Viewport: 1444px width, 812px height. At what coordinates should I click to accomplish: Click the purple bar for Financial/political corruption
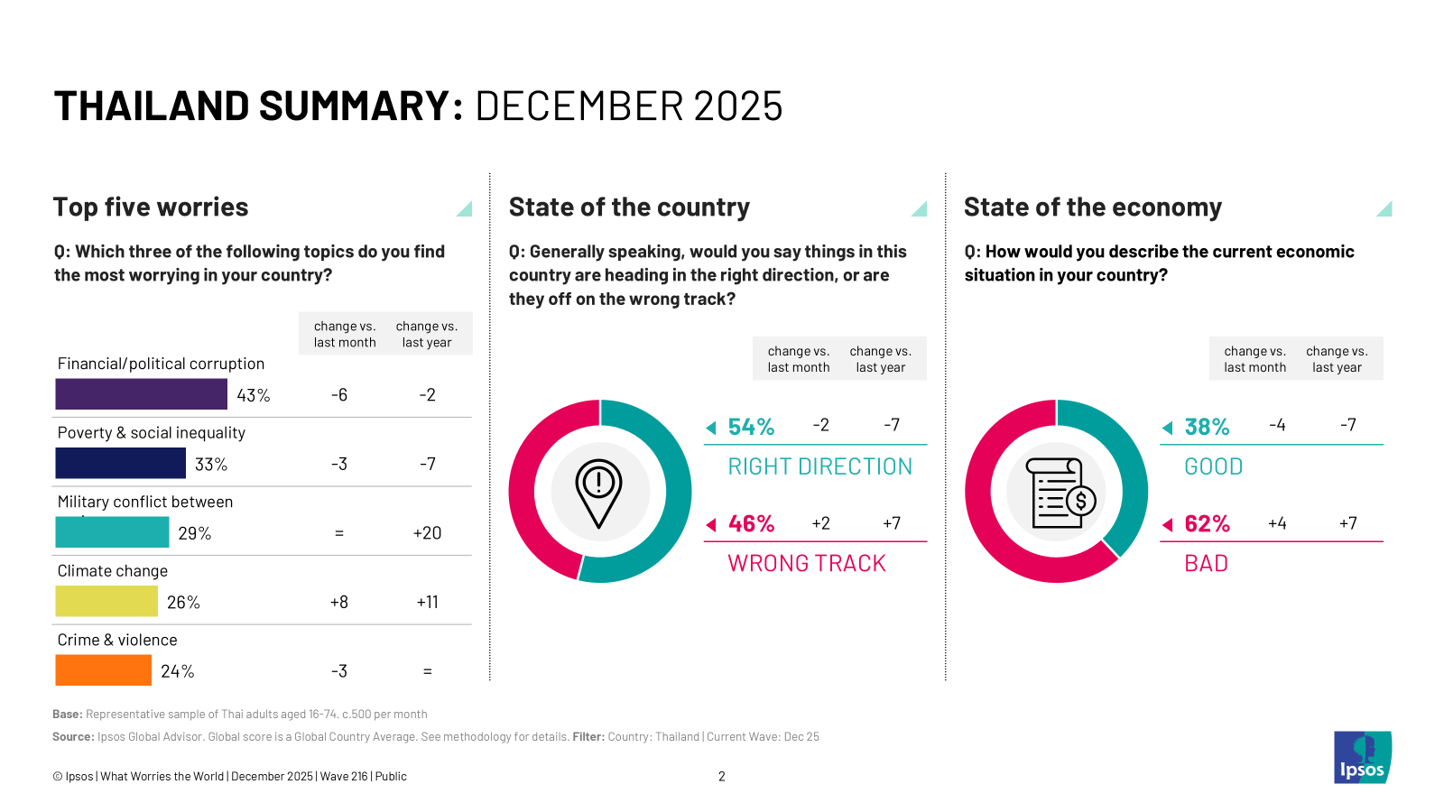coord(141,394)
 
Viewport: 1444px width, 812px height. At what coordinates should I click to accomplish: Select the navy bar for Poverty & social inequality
coord(120,463)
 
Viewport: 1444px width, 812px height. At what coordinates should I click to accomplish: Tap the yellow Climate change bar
coord(106,601)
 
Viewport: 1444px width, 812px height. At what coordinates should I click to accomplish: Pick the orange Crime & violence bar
coord(103,670)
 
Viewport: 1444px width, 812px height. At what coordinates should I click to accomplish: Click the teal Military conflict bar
coord(112,532)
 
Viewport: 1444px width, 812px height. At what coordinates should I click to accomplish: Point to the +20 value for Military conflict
coord(427,533)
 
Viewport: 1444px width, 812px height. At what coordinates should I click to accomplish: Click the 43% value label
coord(254,395)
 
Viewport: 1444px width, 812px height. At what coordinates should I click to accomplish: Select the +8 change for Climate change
coord(339,602)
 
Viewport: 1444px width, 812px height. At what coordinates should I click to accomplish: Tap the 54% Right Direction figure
coord(751,427)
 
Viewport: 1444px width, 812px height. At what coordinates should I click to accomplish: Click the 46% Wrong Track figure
coord(751,523)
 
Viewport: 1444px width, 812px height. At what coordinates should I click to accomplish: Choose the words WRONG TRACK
coord(807,564)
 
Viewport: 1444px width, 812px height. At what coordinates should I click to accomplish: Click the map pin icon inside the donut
coord(599,493)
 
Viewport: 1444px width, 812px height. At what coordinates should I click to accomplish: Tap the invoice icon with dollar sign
coord(1062,493)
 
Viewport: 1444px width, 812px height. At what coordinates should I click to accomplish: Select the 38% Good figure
coord(1207,427)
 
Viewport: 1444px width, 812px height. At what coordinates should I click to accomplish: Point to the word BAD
coord(1206,564)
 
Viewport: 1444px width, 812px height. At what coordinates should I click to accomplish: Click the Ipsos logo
coord(1362,758)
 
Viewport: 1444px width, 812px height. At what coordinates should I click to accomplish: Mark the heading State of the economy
coord(1092,208)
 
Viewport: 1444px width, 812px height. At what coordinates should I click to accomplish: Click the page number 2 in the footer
coord(722,776)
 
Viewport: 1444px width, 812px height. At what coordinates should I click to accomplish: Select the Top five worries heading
coord(151,208)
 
